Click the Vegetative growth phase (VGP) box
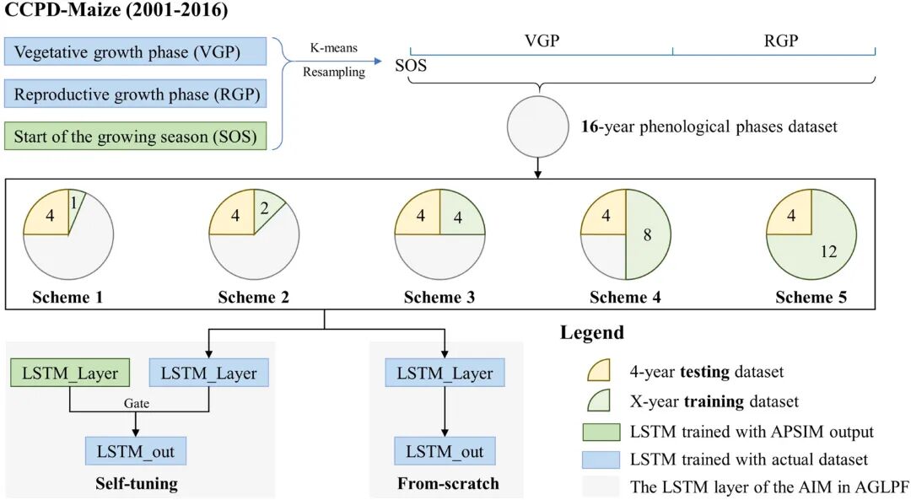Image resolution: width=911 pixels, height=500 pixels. coord(135,51)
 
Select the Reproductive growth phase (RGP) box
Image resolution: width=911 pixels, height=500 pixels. coord(135,94)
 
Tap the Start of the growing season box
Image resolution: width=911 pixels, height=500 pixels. coord(135,136)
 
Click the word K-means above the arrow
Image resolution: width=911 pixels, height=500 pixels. coord(333,47)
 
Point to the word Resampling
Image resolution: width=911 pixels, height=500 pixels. coord(334,72)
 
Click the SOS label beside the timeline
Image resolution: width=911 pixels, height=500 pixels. coord(411,65)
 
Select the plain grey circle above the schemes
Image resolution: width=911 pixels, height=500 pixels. coord(537,126)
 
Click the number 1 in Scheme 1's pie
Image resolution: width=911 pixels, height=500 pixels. coord(73,202)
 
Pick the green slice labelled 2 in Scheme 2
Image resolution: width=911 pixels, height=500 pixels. coord(267,208)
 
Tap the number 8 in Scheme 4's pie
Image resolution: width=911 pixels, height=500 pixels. coord(647,234)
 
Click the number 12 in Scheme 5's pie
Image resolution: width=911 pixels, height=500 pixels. coord(828,251)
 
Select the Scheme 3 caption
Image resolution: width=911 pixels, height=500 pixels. coord(439,297)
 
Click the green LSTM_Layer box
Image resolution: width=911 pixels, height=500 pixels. coord(70,373)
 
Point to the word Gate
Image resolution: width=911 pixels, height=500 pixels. coord(137,403)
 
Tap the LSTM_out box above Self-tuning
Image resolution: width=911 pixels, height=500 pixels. coord(135,451)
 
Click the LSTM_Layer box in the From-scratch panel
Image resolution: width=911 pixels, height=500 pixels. coord(445,373)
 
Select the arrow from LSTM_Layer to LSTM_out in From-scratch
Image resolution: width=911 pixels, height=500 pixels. coord(445,411)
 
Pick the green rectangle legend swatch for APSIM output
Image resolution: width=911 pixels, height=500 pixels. coord(601,432)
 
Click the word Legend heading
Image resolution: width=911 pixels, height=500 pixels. coord(591,332)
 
